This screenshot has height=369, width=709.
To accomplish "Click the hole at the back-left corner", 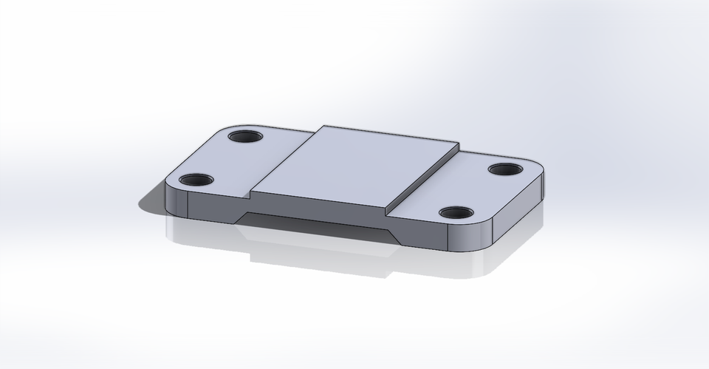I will point(244,137).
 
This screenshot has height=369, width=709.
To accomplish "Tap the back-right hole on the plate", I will point(506,169).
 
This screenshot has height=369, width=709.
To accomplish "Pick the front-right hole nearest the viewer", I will point(456,213).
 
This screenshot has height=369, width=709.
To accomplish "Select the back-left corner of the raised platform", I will point(323,126).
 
